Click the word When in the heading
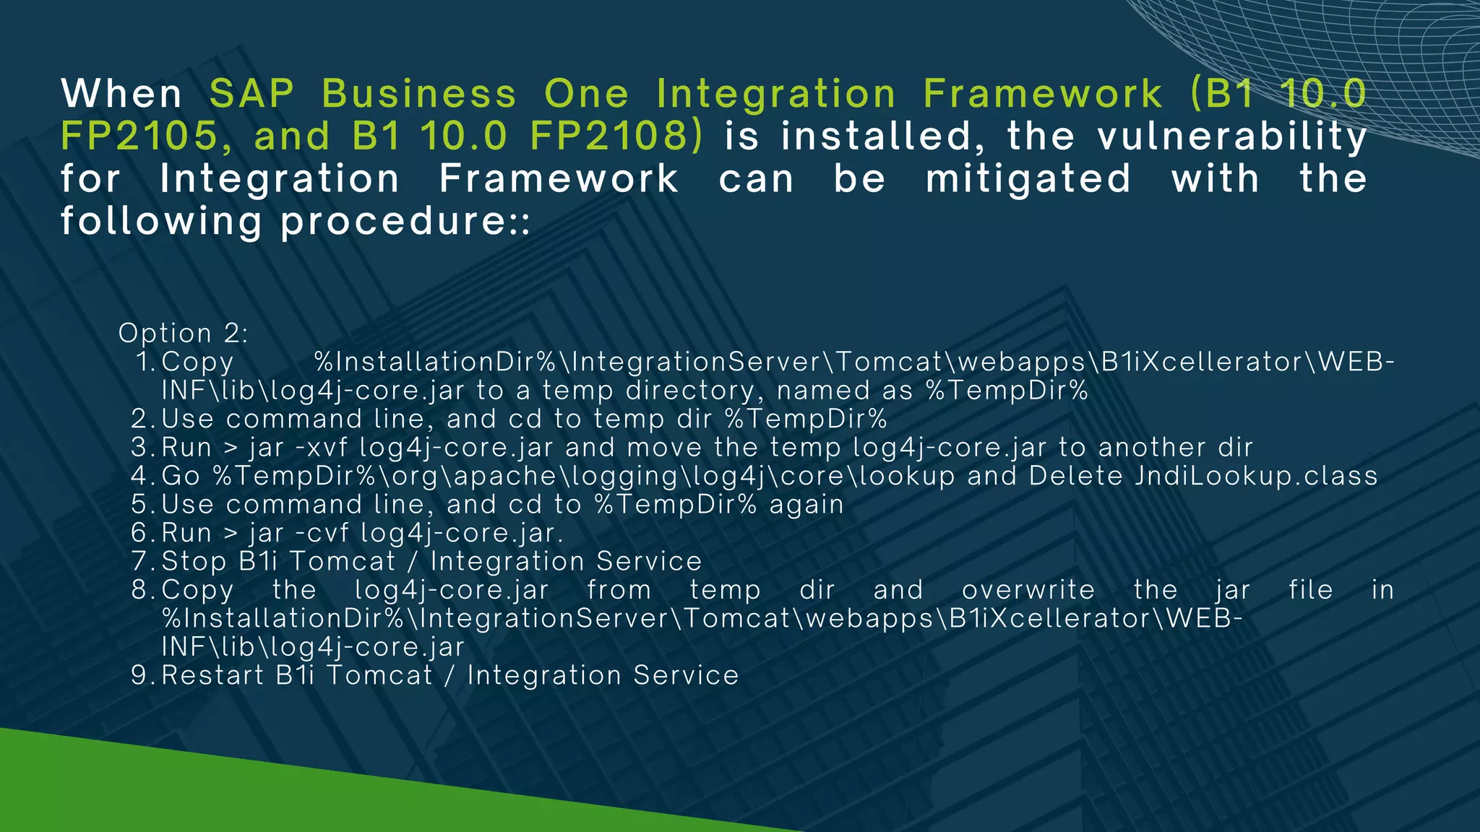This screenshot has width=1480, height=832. (121, 94)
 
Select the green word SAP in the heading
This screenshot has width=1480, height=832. (252, 94)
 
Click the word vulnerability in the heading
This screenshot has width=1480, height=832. (1232, 136)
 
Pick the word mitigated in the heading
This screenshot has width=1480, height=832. (1028, 179)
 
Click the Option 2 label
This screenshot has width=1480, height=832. (184, 333)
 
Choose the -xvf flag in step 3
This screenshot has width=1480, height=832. (322, 448)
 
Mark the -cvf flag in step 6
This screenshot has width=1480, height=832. (322, 533)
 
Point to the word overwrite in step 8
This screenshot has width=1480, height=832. (1028, 590)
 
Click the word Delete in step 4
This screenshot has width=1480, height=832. (1076, 476)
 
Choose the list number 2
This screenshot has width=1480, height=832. (140, 419)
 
